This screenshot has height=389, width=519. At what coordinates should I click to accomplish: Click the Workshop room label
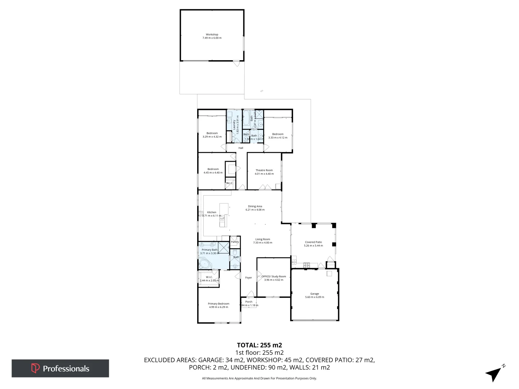tap(212, 35)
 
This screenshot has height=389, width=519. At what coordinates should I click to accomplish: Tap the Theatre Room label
tap(264, 170)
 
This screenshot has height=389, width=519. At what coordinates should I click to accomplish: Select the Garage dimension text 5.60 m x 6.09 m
tap(315, 297)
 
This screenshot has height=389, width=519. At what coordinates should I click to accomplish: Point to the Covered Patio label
tap(313, 242)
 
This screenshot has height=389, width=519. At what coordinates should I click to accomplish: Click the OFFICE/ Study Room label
tap(274, 277)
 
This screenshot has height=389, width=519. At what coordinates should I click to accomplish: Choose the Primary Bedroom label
tap(218, 304)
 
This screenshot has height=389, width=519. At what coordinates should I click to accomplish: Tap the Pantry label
tap(235, 242)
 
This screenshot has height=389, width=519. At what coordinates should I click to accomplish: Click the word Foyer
tap(248, 278)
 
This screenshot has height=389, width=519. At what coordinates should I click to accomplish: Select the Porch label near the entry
tap(249, 302)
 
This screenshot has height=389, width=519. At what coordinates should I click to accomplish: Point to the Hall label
tap(241, 148)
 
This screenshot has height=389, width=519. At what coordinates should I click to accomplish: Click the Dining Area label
tap(255, 206)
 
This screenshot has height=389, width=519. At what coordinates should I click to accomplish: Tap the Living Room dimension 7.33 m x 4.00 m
tap(263, 243)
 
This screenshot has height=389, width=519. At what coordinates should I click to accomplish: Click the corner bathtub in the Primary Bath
tap(206, 264)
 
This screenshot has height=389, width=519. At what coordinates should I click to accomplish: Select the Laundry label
tap(234, 125)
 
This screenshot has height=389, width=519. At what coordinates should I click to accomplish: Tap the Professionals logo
tap(60, 368)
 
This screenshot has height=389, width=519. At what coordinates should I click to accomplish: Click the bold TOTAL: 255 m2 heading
tap(259, 345)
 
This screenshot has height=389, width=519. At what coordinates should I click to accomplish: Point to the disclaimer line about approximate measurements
tap(259, 378)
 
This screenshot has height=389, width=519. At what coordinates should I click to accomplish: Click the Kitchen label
tap(212, 212)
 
